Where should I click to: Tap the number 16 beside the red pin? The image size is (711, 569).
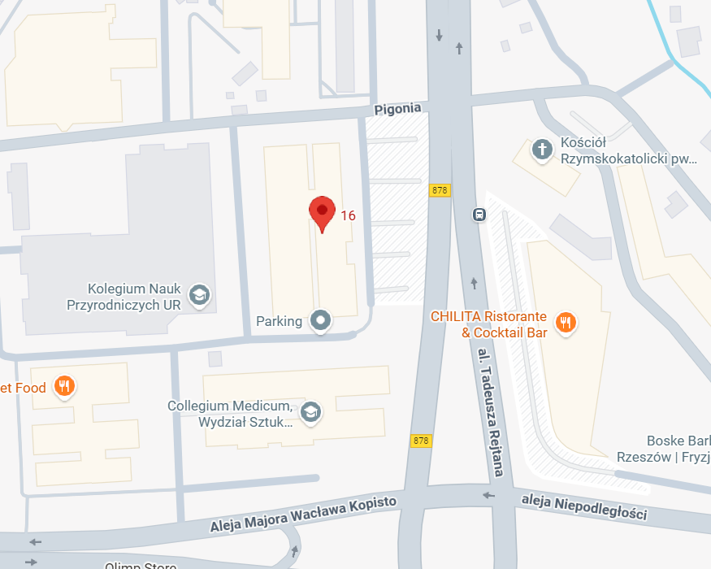[348, 215]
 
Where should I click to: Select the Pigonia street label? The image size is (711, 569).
[398, 108]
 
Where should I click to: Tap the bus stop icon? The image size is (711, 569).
[479, 215]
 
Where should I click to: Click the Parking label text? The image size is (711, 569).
[279, 321]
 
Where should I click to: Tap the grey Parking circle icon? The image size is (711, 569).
[322, 320]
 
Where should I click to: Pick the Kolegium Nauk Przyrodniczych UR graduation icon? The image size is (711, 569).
[197, 295]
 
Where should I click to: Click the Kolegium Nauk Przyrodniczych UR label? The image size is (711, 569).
[134, 297]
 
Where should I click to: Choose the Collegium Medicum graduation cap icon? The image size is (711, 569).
[310, 412]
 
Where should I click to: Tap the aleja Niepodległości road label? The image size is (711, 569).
[584, 506]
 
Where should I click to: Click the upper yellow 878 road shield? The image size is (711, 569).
[440, 190]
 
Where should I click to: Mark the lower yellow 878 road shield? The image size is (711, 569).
[420, 441]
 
